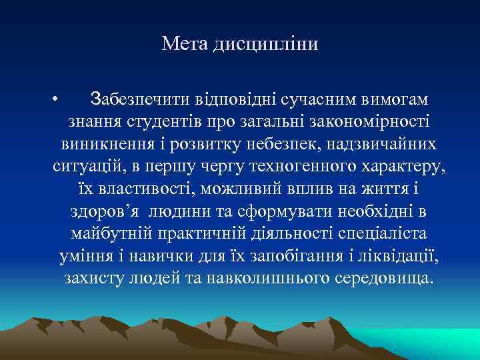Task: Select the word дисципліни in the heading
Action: point(266,45)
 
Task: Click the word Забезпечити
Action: point(141,99)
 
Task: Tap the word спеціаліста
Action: point(383,234)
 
